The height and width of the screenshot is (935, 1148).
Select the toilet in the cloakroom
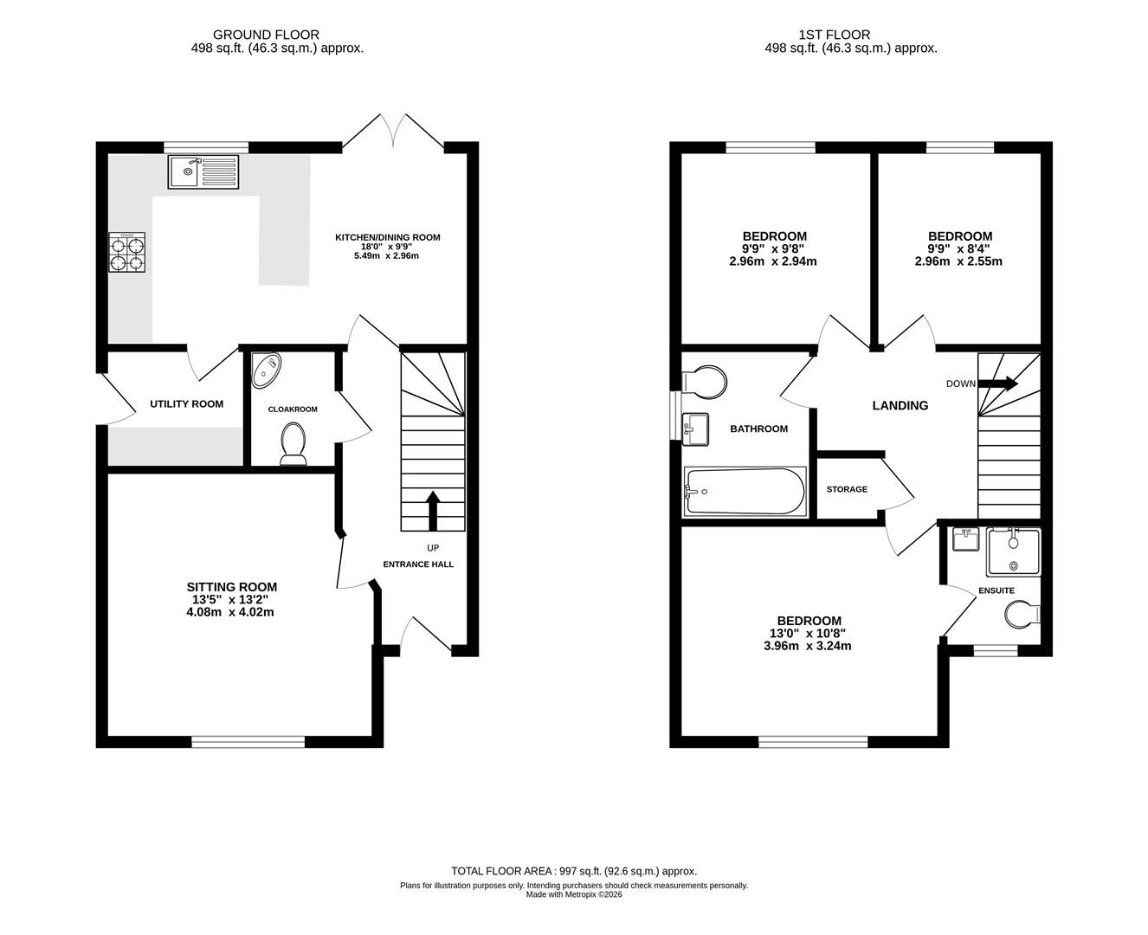[293, 445]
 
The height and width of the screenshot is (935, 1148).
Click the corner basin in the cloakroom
[266, 371]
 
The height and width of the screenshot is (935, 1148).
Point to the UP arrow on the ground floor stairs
[433, 509]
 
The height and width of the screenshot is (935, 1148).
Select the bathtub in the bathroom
[745, 492]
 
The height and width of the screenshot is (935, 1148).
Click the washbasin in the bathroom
[695, 429]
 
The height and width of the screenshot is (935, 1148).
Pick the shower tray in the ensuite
[1014, 552]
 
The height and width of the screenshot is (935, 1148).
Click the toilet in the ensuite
[1022, 615]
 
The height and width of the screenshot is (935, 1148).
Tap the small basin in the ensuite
[964, 540]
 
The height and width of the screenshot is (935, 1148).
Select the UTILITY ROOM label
[186, 404]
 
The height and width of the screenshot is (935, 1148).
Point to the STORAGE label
[847, 489]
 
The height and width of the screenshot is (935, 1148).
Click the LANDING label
[900, 405]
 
